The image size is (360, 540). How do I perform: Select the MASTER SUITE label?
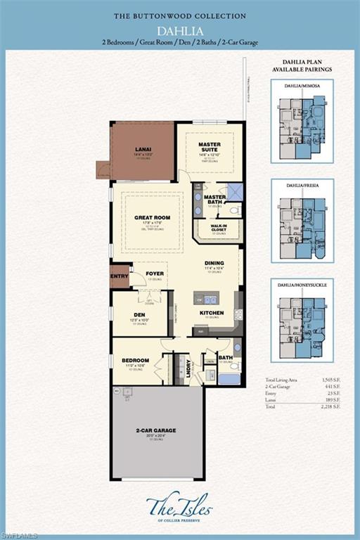pyautogui.click(x=210, y=147)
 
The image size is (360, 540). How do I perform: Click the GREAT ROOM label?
pyautogui.click(x=153, y=218)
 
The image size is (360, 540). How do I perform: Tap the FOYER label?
pyautogui.click(x=155, y=274)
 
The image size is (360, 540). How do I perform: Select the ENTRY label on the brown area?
pyautogui.click(x=120, y=276)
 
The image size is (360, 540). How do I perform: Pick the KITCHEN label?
pyautogui.click(x=212, y=313)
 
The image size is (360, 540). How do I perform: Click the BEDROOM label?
pyautogui.click(x=135, y=360)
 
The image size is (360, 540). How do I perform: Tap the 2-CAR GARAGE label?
pyautogui.click(x=156, y=430)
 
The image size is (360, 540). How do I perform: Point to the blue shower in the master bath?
pyautogui.click(x=234, y=191)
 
